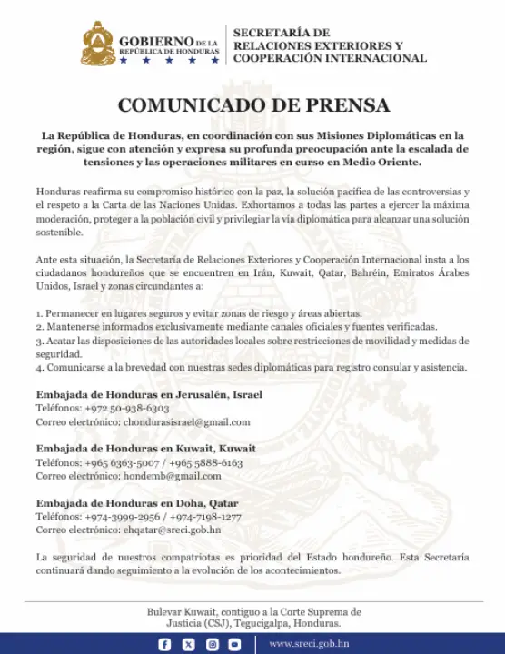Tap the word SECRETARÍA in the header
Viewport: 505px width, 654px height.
click(270, 33)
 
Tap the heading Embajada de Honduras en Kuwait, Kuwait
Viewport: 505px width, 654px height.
click(145, 449)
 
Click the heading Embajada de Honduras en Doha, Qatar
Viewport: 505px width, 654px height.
click(137, 502)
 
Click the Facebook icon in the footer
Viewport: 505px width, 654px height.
click(164, 644)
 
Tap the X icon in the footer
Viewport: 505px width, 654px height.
click(188, 644)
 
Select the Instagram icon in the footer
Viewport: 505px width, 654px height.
click(212, 644)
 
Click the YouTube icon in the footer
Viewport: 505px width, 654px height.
click(235, 644)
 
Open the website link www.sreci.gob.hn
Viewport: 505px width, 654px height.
click(310, 644)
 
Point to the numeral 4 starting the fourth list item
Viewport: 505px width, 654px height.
click(39, 368)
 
